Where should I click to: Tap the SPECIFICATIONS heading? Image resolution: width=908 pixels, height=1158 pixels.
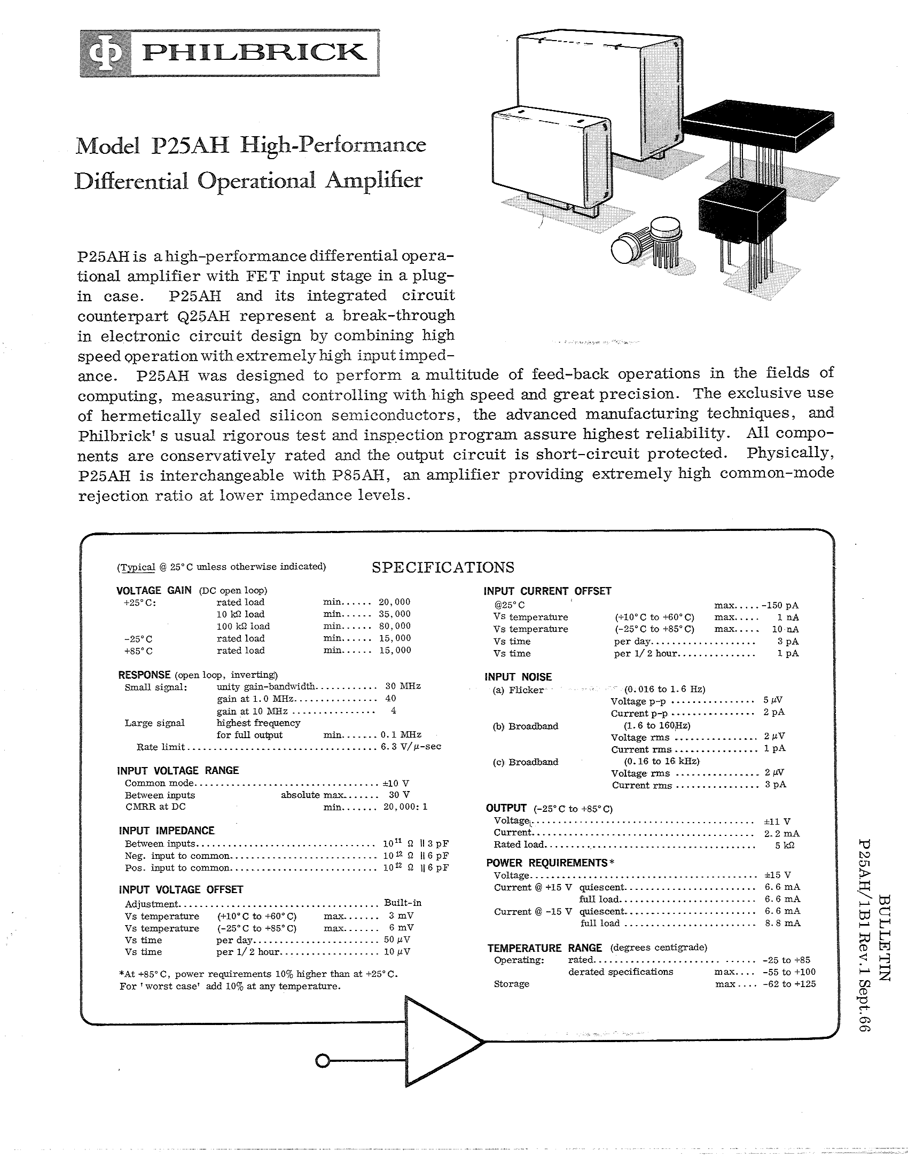(x=443, y=567)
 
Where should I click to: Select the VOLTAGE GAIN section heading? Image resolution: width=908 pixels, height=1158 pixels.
(x=154, y=590)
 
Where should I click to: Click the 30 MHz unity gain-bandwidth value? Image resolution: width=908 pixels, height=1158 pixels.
(x=403, y=686)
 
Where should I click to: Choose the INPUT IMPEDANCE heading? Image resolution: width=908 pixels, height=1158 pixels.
(x=167, y=831)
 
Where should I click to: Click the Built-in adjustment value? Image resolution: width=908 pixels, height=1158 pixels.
(x=403, y=903)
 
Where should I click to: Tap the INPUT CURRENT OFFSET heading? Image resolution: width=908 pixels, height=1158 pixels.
(x=547, y=591)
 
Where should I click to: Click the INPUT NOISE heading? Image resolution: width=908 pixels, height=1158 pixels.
(x=518, y=677)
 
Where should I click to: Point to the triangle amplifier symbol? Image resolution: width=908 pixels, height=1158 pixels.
(x=438, y=1042)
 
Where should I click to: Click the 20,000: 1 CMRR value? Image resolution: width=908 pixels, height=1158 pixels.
(x=405, y=807)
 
